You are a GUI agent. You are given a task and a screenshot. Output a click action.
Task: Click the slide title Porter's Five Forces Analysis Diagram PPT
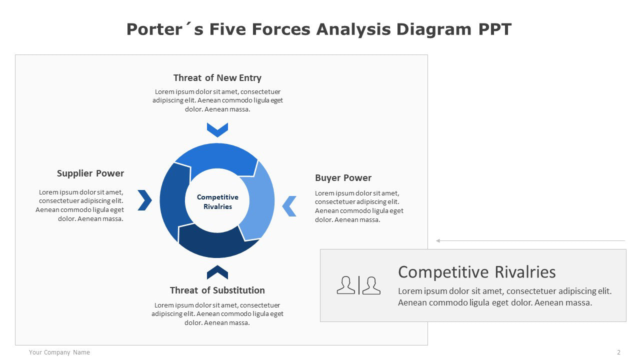pyautogui.click(x=319, y=29)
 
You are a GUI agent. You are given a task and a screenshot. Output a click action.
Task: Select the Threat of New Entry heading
pyautogui.click(x=217, y=77)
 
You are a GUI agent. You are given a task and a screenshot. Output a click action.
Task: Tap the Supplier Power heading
pyautogui.click(x=90, y=173)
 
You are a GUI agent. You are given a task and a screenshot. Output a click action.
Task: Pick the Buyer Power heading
pyautogui.click(x=343, y=177)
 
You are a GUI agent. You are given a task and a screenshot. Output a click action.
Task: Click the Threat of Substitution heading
pyautogui.click(x=217, y=290)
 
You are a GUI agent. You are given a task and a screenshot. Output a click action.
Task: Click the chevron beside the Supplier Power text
pyautogui.click(x=145, y=200)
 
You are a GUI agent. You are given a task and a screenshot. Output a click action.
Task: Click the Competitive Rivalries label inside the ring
pyautogui.click(x=217, y=201)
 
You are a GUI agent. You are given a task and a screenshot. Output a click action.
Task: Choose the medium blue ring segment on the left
pyautogui.click(x=173, y=200)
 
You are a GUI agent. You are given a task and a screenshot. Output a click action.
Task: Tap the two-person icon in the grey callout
pyautogui.click(x=358, y=285)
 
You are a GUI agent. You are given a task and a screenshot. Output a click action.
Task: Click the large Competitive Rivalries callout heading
pyautogui.click(x=477, y=271)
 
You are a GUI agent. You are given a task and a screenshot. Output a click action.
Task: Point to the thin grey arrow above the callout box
pyautogui.click(x=530, y=241)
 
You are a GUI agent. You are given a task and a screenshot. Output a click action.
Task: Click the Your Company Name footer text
pyautogui.click(x=59, y=352)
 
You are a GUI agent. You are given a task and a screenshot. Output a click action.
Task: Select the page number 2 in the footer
pyautogui.click(x=619, y=352)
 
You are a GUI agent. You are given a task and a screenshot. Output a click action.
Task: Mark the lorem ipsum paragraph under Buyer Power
pyautogui.click(x=359, y=206)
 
